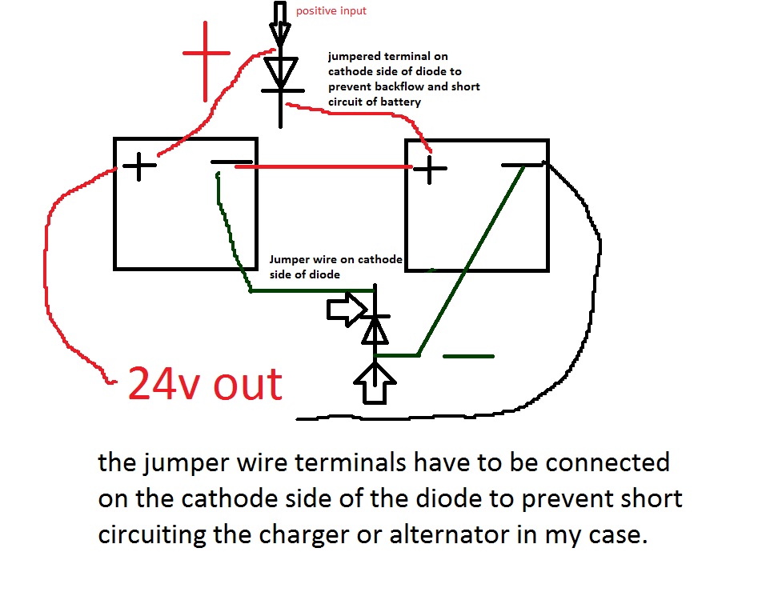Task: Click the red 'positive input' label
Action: [331, 11]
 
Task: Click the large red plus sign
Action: [206, 53]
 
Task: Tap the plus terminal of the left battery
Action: [140, 166]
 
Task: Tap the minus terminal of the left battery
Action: [232, 163]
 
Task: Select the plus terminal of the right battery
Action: [431, 169]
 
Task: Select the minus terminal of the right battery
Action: [522, 166]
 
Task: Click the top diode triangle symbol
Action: [280, 73]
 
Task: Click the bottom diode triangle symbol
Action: [374, 329]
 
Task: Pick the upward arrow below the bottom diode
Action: [375, 382]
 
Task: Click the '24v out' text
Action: [206, 385]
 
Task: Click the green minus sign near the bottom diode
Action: [468, 356]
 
